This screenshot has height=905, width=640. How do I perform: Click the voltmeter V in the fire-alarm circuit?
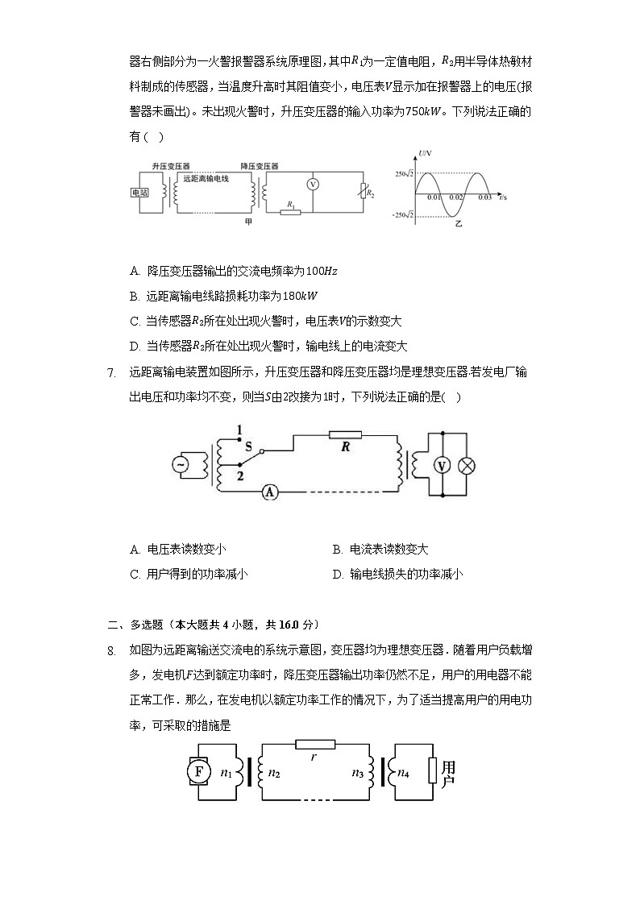click(x=315, y=184)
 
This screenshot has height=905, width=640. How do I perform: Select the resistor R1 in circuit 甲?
click(x=290, y=213)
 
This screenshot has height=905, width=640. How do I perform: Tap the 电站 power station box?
click(x=139, y=193)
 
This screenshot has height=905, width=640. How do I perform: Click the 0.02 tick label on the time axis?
click(x=456, y=197)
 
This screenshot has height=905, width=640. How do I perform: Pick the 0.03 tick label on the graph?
click(x=484, y=197)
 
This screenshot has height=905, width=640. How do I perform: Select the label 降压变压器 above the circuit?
click(x=259, y=165)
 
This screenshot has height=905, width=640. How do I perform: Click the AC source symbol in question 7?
click(x=181, y=464)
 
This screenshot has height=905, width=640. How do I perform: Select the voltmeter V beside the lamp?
click(x=441, y=465)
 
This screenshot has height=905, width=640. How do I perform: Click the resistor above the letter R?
click(x=345, y=434)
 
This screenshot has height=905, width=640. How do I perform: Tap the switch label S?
click(x=248, y=445)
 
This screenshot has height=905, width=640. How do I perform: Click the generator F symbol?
click(x=197, y=772)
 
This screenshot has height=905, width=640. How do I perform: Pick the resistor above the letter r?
click(x=314, y=744)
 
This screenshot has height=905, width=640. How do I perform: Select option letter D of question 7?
click(x=337, y=575)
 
